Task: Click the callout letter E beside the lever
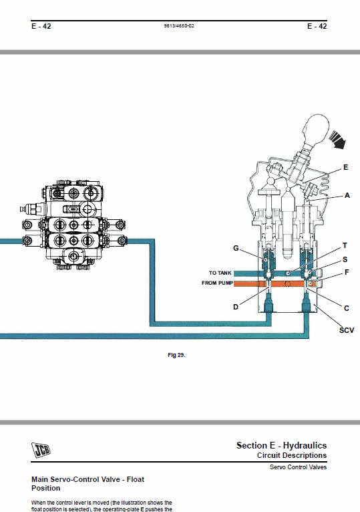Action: click(x=345, y=168)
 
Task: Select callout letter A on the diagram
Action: click(x=347, y=195)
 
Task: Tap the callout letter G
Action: click(x=236, y=248)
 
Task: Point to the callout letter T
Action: click(x=345, y=245)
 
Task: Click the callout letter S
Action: click(x=345, y=259)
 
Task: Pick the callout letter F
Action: click(x=347, y=272)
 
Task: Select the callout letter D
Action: click(x=236, y=307)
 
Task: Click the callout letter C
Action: click(x=346, y=308)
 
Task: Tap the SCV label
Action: click(x=347, y=330)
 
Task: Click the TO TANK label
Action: click(x=220, y=273)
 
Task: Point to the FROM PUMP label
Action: click(x=217, y=283)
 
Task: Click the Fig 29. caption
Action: click(x=176, y=355)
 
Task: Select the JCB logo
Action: click(x=41, y=450)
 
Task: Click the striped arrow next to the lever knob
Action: click(x=337, y=140)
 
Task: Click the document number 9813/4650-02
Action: click(x=179, y=26)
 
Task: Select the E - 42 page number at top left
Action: click(x=41, y=26)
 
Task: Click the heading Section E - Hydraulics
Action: click(x=281, y=445)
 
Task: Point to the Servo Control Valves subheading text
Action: click(x=298, y=467)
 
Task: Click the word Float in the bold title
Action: click(x=136, y=479)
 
